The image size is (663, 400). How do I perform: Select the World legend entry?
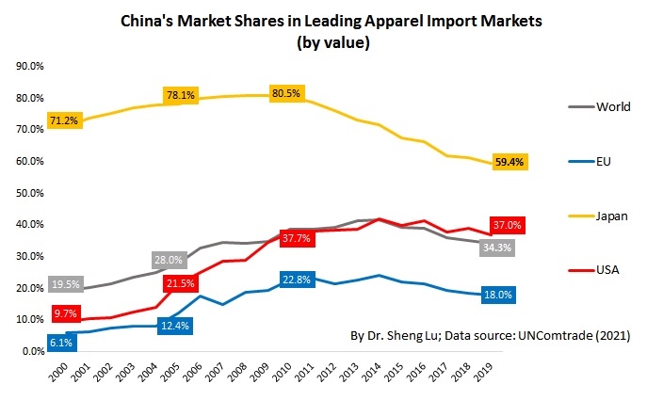[613, 106]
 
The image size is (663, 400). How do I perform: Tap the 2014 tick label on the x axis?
[377, 373]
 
